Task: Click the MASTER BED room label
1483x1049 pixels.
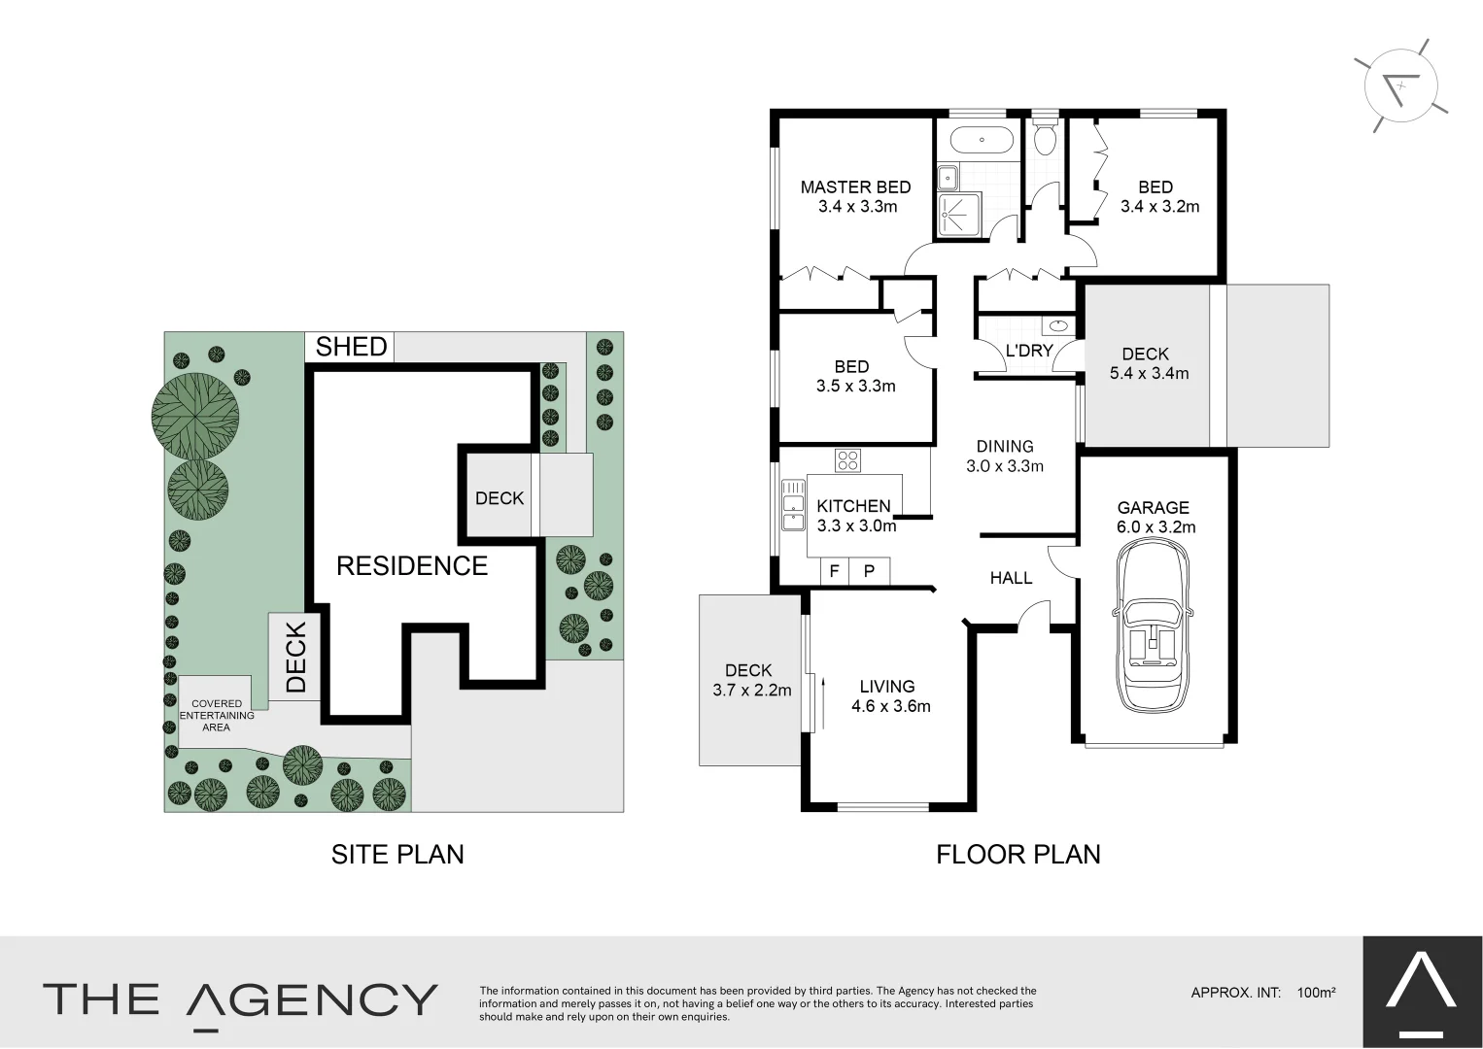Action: click(x=855, y=187)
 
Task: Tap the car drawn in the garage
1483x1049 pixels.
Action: click(x=1154, y=626)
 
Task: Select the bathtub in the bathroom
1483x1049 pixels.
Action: click(x=982, y=141)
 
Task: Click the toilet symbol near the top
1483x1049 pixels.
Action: click(x=1045, y=139)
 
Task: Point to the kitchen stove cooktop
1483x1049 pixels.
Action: click(x=847, y=460)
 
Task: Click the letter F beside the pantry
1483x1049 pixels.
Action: click(x=834, y=572)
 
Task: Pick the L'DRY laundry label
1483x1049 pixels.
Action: click(x=1029, y=351)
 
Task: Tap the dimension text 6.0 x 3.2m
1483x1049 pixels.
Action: click(x=1155, y=527)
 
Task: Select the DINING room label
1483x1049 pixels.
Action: click(x=1005, y=447)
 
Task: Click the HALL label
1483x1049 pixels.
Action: click(x=1011, y=578)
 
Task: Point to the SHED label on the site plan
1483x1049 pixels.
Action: click(x=351, y=347)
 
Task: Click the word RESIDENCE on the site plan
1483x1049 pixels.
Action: click(x=412, y=565)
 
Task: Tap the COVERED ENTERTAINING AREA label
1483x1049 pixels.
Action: click(x=217, y=716)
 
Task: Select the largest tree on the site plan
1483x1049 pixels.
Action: click(x=195, y=416)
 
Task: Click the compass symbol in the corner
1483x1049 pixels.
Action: click(x=1400, y=86)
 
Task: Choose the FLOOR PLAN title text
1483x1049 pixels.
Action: click(x=1017, y=855)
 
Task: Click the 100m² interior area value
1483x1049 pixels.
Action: click(x=1316, y=993)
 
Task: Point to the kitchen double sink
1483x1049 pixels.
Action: click(x=793, y=504)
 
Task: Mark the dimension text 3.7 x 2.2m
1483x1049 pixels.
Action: click(x=751, y=691)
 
